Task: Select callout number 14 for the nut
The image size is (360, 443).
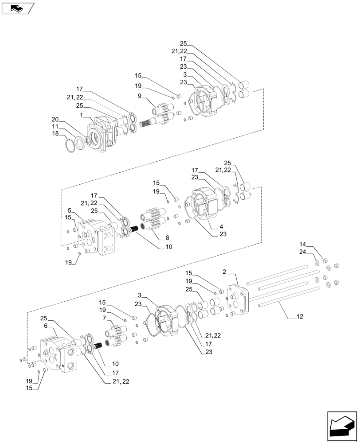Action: point(303,245)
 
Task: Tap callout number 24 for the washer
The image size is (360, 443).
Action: point(303,253)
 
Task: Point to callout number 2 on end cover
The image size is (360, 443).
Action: point(225,272)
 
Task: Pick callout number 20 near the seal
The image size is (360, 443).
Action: point(55,119)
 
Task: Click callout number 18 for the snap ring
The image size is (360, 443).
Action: point(55,133)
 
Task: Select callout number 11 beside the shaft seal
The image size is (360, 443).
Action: point(55,126)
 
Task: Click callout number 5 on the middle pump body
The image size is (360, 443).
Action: point(70,210)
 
